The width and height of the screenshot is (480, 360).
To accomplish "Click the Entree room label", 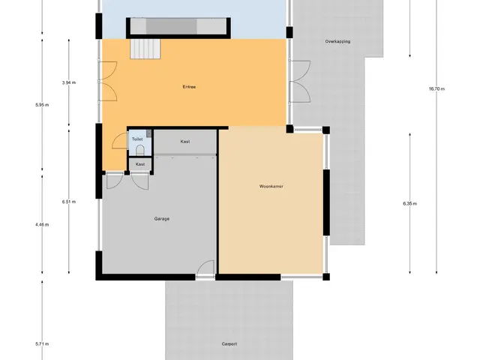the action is [189, 87].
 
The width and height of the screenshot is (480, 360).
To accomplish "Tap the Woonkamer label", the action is [271, 187].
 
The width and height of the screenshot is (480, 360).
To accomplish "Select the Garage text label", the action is [162, 219].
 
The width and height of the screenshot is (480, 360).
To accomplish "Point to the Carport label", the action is [229, 344].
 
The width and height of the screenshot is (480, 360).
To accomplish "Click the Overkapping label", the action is [337, 41].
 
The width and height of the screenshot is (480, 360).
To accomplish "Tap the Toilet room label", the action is [137, 139].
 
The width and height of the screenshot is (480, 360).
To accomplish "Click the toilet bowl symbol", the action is [140, 150].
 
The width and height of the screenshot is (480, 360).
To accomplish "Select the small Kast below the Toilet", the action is [140, 164].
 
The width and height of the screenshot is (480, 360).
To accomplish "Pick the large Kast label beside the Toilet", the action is [185, 142].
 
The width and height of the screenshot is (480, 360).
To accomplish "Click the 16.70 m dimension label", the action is [436, 89].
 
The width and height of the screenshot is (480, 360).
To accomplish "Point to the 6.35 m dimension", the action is [410, 203].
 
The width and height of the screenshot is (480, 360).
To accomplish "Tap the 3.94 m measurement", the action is [69, 82].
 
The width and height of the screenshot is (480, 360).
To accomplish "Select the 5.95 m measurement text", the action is [42, 105].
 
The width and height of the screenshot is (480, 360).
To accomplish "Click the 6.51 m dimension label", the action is [69, 202].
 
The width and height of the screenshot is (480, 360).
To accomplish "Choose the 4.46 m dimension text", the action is [42, 225].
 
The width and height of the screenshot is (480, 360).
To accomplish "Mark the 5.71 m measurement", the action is [42, 344].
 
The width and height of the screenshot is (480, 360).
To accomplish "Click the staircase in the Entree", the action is [145, 49].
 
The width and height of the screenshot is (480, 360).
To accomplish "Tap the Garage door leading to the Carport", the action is [205, 269].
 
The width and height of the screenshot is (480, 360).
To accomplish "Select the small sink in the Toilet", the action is [149, 133].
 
